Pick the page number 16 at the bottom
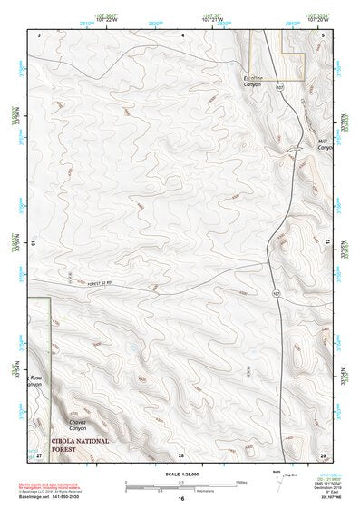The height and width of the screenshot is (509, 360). (x=180, y=499)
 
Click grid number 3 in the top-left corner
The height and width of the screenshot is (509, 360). (x=40, y=34)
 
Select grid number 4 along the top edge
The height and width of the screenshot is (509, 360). (x=182, y=34)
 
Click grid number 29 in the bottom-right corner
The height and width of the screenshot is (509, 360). (x=323, y=454)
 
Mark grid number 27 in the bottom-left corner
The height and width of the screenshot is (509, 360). (x=39, y=454)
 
